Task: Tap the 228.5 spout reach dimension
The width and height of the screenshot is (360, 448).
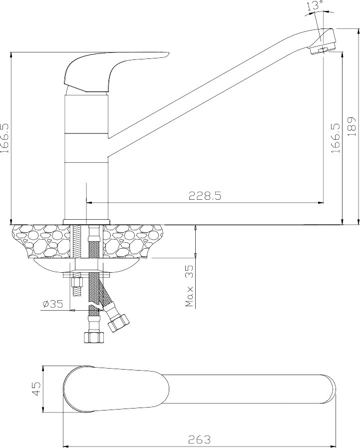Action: (205, 196)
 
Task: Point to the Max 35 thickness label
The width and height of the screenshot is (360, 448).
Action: (189, 286)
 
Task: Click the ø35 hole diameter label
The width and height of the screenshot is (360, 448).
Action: (53, 304)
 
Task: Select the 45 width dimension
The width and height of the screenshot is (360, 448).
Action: (37, 389)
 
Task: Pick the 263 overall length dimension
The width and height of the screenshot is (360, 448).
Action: (200, 439)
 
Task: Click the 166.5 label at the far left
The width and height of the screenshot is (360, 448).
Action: (5, 138)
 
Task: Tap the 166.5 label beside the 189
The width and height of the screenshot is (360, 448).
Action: (337, 138)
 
